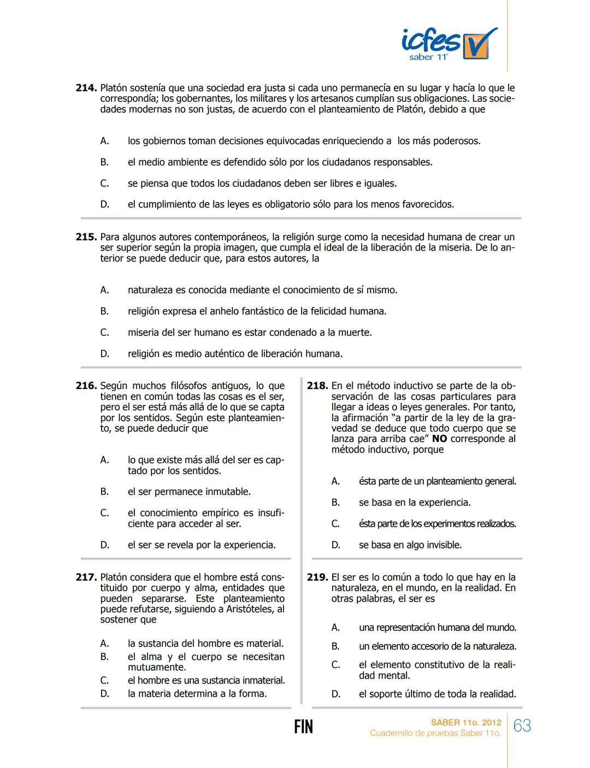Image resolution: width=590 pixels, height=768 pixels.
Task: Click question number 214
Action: pyautogui.click(x=86, y=88)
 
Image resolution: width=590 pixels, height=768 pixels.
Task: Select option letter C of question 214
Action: pyautogui.click(x=104, y=184)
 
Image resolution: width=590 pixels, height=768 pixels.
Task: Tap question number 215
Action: pyautogui.click(x=86, y=237)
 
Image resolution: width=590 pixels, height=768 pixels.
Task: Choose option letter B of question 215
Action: pyautogui.click(x=104, y=311)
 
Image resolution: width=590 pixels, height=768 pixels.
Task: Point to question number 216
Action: pyautogui.click(x=86, y=386)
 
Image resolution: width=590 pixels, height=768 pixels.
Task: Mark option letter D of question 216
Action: pyautogui.click(x=104, y=545)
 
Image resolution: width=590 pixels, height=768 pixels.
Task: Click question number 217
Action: pyautogui.click(x=86, y=577)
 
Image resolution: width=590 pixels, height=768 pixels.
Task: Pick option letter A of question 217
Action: pyautogui.click(x=104, y=644)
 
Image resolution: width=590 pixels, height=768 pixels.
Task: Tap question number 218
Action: pyautogui.click(x=317, y=386)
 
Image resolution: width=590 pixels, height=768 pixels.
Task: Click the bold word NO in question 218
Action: pyautogui.click(x=439, y=439)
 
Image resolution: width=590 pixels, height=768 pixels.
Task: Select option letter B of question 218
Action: pyautogui.click(x=335, y=503)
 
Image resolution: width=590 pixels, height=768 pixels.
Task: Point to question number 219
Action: pyautogui.click(x=317, y=577)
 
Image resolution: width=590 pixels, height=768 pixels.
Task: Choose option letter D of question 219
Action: pyautogui.click(x=335, y=694)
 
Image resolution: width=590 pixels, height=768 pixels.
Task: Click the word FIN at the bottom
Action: pyautogui.click(x=303, y=726)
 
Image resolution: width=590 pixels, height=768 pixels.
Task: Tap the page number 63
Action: pyautogui.click(x=522, y=726)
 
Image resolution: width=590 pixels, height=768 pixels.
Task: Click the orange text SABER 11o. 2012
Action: pyautogui.click(x=465, y=723)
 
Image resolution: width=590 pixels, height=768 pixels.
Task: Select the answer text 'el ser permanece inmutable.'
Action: pyautogui.click(x=189, y=492)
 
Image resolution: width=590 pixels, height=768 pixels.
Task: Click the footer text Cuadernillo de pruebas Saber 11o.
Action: pyautogui.click(x=435, y=734)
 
